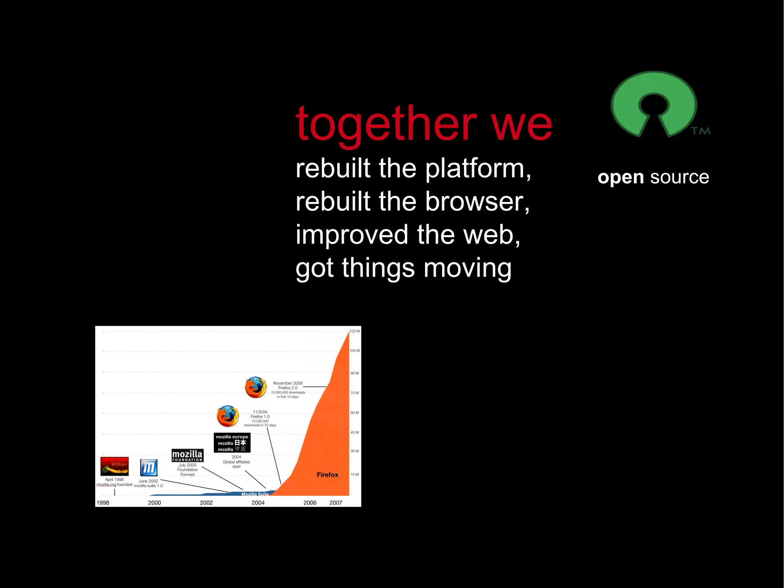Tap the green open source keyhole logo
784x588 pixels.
tap(653, 102)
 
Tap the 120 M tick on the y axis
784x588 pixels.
tap(354, 331)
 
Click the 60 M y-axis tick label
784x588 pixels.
tap(354, 413)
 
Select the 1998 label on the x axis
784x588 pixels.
tap(103, 503)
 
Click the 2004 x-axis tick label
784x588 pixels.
tap(258, 503)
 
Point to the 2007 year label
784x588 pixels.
tap(336, 503)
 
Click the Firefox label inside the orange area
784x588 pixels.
tap(327, 475)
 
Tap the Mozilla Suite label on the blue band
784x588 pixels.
tap(255, 494)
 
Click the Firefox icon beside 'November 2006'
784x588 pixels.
tap(256, 387)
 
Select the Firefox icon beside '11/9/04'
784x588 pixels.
tap(228, 416)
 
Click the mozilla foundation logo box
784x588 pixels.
tap(187, 455)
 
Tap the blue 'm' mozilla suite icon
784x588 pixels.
tap(149, 467)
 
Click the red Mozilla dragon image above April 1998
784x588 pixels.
tap(114, 466)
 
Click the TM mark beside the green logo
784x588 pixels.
tap(701, 131)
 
